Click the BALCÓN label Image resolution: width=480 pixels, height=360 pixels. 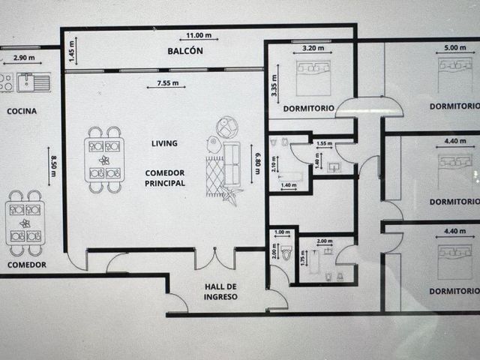pos(185,51)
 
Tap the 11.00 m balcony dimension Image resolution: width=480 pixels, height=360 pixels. pos(199,35)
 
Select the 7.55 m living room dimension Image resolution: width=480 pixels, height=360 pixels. pos(167,83)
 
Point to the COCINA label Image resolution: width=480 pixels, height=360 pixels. pos(22,111)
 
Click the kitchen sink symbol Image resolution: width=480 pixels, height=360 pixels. pos(34,82)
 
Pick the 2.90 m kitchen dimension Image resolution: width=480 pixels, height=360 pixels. pos(24,58)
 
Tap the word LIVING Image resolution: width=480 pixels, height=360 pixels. pos(164,143)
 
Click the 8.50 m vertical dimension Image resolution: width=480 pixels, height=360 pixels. pos(53,166)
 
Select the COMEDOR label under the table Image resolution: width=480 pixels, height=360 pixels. pos(27,265)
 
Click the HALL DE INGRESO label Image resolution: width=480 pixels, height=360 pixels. pos(220,292)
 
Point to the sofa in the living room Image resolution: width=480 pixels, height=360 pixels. pos(232,164)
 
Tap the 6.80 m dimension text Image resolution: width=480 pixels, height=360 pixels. pos(257,163)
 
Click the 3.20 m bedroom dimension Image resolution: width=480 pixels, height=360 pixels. pos(313,48)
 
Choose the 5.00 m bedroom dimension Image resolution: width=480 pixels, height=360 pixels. pos(455,48)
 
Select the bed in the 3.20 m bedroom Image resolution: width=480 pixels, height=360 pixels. pos(313,78)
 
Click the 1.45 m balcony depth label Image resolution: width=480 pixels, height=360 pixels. pos(72,51)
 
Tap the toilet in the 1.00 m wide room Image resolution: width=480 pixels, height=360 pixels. pos(286,253)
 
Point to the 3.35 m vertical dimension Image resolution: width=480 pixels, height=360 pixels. pos(274,85)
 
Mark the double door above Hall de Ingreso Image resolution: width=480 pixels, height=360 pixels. pos(215,259)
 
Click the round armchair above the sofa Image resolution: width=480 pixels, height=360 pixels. pos(227,127)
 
